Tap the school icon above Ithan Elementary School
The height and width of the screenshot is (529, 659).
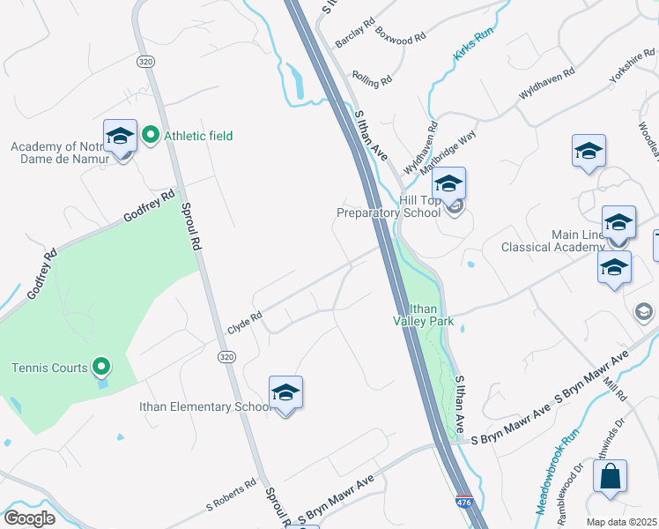coord(285,392)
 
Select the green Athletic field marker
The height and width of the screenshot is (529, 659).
coord(150,135)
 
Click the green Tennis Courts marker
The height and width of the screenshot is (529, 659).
coord(101,367)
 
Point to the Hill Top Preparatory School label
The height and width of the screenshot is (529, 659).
coord(389,206)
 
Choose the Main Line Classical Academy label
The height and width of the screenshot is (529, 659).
coord(553,240)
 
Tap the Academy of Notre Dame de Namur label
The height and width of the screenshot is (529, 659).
coord(60,153)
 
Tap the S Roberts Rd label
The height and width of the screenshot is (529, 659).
coord(231,495)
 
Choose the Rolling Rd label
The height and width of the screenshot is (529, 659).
coord(371,80)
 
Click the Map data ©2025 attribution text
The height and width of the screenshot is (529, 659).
coord(620,522)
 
